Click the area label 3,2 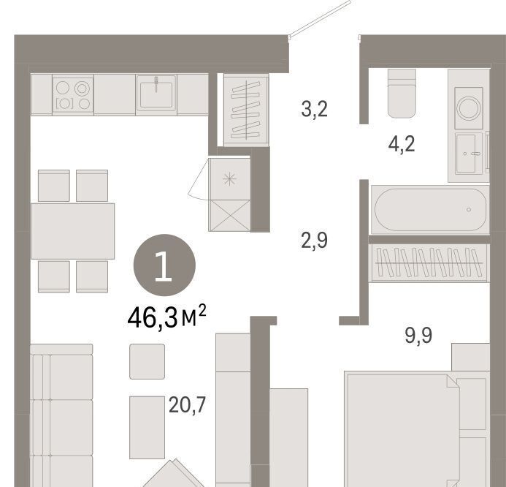pos(314,109)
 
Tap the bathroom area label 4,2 pos(402,144)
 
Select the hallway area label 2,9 pos(314,240)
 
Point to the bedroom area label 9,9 pos(418,336)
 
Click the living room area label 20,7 pos(187,405)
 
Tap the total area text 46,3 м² pos(166,317)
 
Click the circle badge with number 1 pos(164,265)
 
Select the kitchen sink pos(156,94)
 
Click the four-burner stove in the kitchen pos(73,94)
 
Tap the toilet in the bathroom pos(402,94)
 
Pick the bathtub pos(430,210)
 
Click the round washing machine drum pos(469,108)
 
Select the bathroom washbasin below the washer pos(469,154)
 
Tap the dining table pos(72,231)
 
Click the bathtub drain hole pos(469,210)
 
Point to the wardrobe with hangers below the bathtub pos(429,263)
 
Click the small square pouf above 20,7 pos(147,361)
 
